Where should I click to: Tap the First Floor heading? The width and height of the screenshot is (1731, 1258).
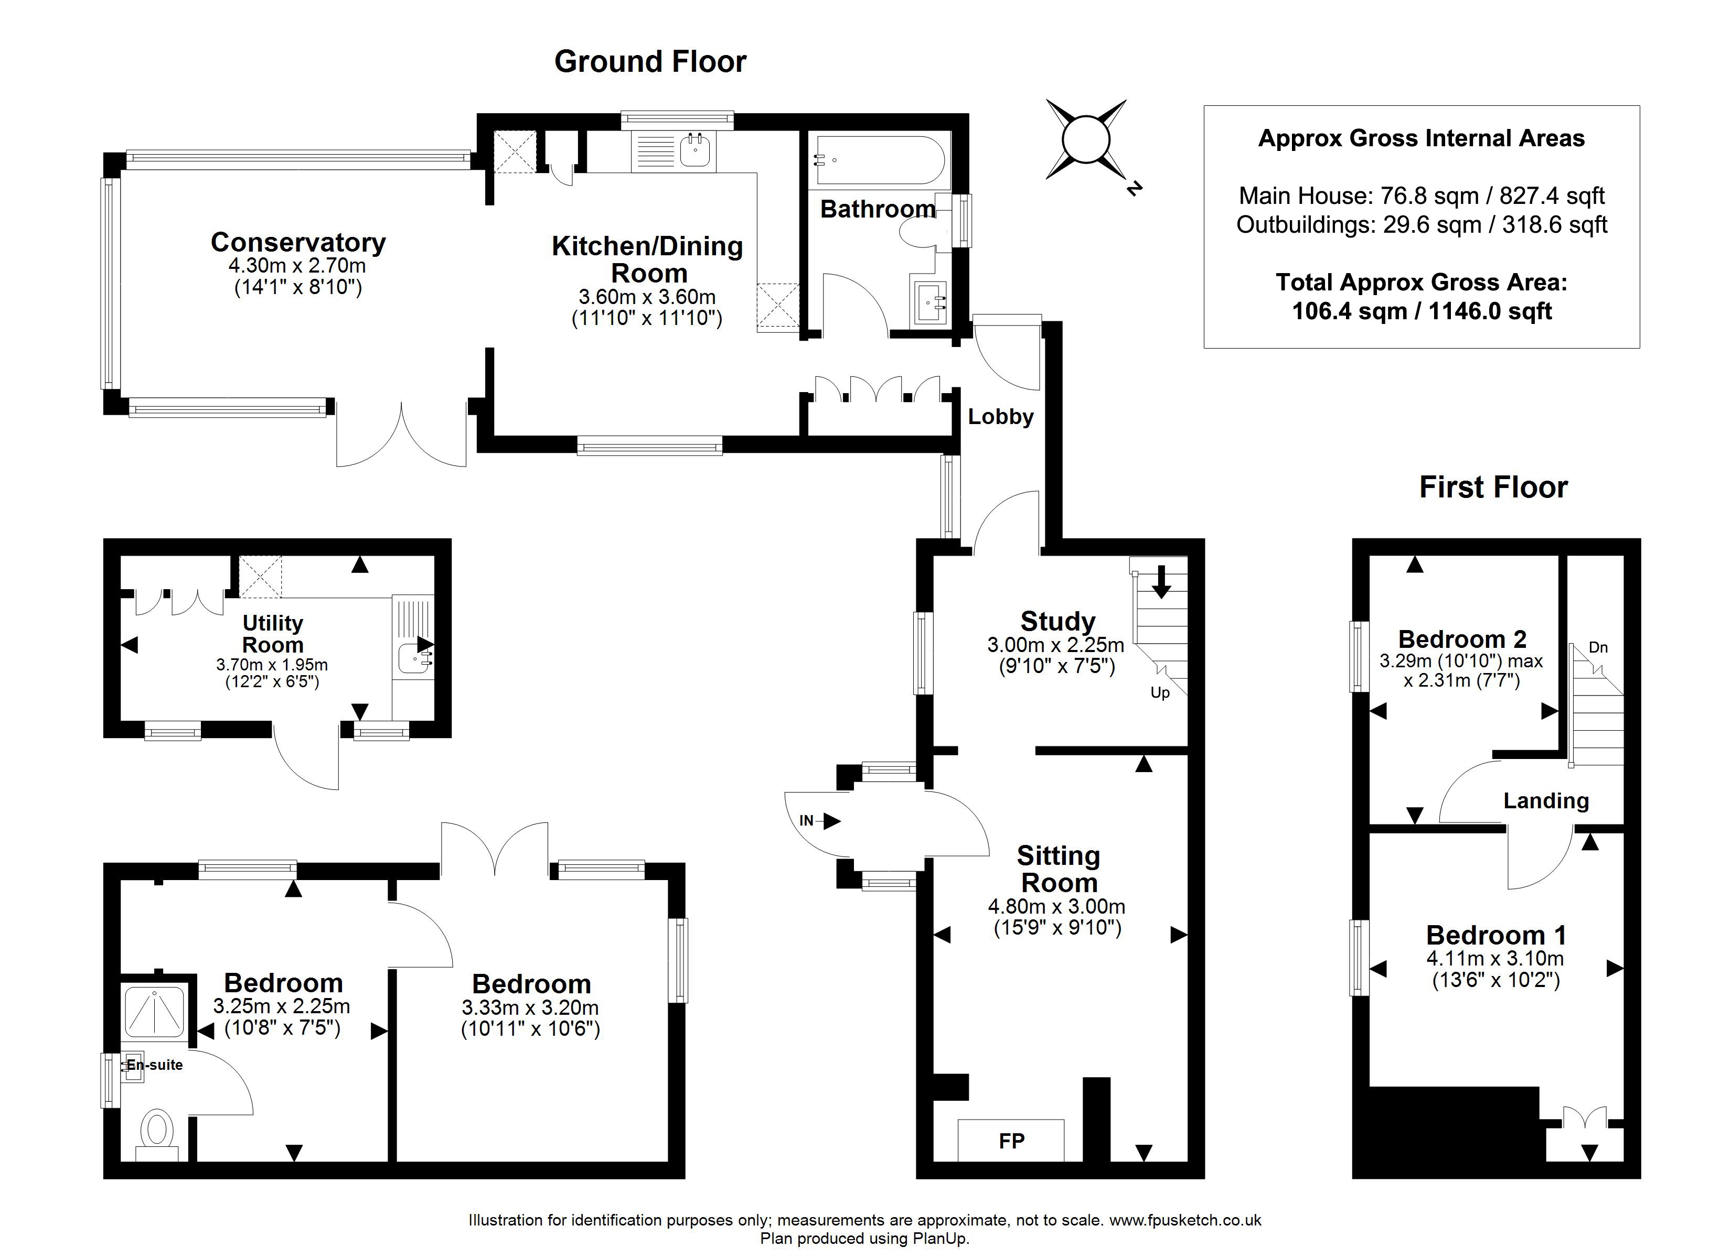pyautogui.click(x=1493, y=487)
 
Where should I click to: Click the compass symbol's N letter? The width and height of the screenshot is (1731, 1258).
pyautogui.click(x=1135, y=188)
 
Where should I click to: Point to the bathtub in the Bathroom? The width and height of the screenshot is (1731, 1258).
pyautogui.click(x=881, y=160)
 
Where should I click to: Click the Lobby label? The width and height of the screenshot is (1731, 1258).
pyautogui.click(x=1001, y=417)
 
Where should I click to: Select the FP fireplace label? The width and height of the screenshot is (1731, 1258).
pyautogui.click(x=1011, y=1141)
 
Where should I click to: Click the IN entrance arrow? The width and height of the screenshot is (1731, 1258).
pyautogui.click(x=820, y=821)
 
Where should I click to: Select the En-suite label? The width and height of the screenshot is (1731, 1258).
pyautogui.click(x=154, y=1065)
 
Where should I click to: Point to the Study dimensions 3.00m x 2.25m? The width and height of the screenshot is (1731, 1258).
pyautogui.click(x=1056, y=645)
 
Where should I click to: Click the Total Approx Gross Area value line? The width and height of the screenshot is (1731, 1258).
pyautogui.click(x=1422, y=311)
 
